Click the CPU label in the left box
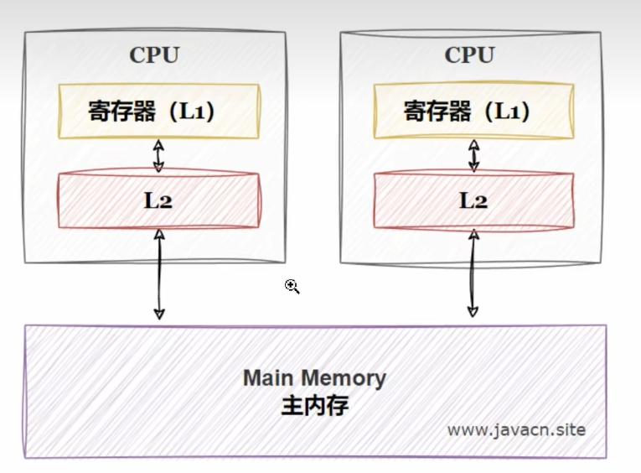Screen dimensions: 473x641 click(154, 55)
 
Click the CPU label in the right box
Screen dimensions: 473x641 click(470, 55)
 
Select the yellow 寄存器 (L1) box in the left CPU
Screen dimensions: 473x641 click(158, 112)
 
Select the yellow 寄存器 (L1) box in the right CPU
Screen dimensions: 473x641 click(473, 112)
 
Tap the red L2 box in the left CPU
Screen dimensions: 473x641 click(158, 200)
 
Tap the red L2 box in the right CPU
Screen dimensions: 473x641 click(473, 200)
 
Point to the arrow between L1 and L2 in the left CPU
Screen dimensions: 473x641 click(158, 155)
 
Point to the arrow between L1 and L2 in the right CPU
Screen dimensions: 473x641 click(473, 155)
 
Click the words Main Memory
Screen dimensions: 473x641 click(314, 377)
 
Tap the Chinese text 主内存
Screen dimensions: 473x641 click(314, 406)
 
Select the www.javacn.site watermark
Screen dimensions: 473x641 click(516, 429)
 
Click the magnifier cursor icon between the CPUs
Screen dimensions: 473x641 click(292, 287)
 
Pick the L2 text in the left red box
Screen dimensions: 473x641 click(158, 200)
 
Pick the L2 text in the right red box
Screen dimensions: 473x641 click(473, 200)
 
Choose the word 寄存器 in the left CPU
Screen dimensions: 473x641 click(122, 112)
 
